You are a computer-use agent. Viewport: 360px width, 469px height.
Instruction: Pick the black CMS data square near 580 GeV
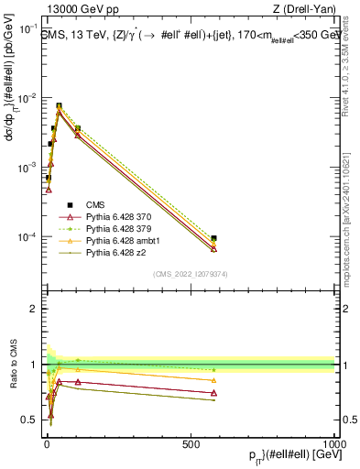tap(213, 238)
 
